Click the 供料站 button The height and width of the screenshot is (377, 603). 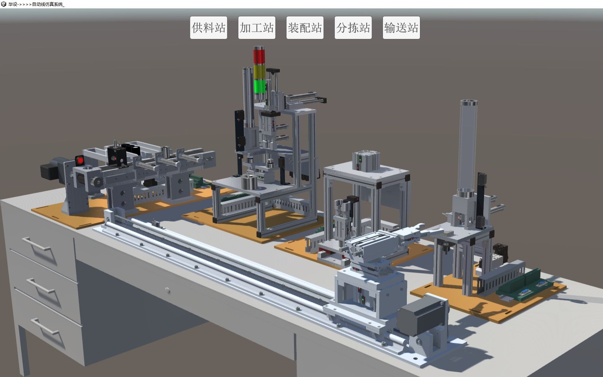point(209,28)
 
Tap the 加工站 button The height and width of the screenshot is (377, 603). point(257,28)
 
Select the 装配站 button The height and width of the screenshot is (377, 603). point(305,28)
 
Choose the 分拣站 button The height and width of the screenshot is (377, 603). point(353,28)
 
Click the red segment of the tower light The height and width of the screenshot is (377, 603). point(259,56)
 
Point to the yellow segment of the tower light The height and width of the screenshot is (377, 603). point(259,72)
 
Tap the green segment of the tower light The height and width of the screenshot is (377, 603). point(260,86)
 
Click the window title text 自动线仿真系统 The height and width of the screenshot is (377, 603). point(47,4)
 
